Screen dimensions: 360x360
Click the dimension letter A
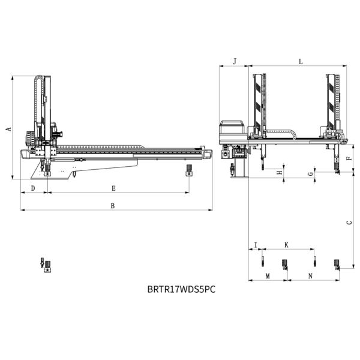pyautogui.click(x=9, y=129)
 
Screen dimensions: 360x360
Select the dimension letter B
pyautogui.click(x=113, y=206)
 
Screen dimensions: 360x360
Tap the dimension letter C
pyautogui.click(x=349, y=222)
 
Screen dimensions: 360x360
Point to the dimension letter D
pyautogui.click(x=33, y=188)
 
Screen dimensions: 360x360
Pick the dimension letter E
pyautogui.click(x=113, y=188)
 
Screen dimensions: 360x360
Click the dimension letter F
pyautogui.click(x=349, y=158)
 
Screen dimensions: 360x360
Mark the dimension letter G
pyautogui.click(x=311, y=174)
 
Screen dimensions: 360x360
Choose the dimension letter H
pyautogui.click(x=280, y=172)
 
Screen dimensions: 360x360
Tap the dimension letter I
pyautogui.click(x=256, y=245)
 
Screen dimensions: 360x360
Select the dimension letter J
pyautogui.click(x=235, y=62)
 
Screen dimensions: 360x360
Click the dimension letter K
pyautogui.click(x=286, y=245)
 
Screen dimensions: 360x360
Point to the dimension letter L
pyautogui.click(x=301, y=62)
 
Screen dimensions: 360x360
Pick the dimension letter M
pyautogui.click(x=268, y=276)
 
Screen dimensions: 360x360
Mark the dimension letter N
pyautogui.click(x=310, y=276)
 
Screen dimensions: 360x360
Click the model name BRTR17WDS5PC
pyautogui.click(x=181, y=289)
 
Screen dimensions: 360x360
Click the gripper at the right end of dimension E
pyautogui.click(x=189, y=170)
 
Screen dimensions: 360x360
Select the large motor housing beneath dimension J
pyautogui.click(x=232, y=132)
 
